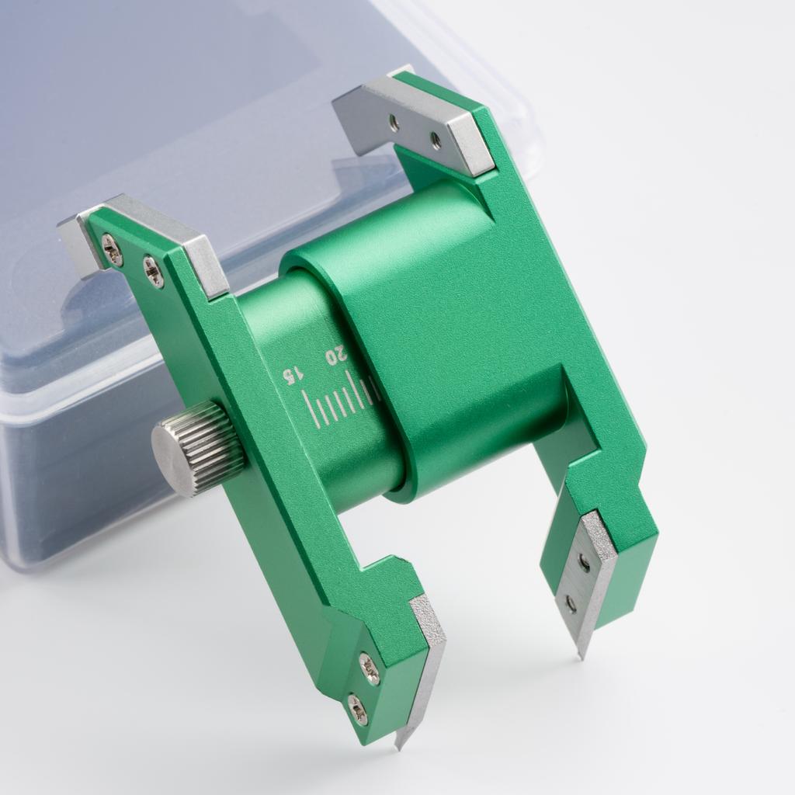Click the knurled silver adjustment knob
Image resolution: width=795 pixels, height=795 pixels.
click(x=199, y=447)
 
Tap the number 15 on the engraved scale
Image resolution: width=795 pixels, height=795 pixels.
click(x=293, y=376)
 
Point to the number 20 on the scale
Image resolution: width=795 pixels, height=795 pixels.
click(x=336, y=354)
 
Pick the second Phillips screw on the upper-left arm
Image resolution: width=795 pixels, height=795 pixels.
click(x=153, y=269)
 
